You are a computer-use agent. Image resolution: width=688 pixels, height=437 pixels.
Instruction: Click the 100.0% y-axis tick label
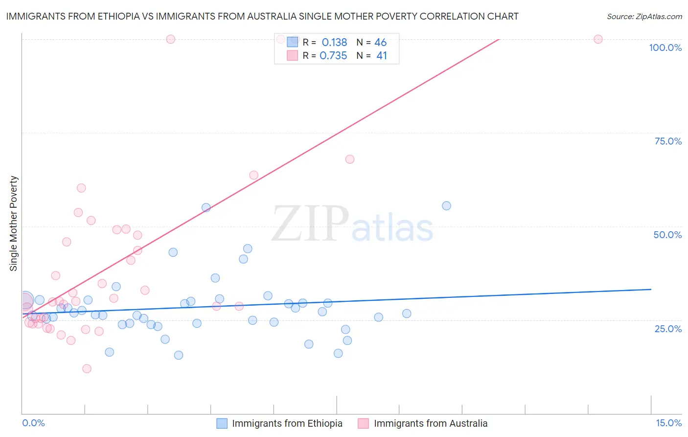coord(665,48)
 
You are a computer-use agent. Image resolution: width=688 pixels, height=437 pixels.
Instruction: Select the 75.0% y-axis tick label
coord(668,141)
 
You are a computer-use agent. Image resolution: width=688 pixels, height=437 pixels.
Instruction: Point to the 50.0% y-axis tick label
coord(667,235)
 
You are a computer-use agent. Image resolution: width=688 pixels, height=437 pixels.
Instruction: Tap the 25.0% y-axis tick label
coord(668,328)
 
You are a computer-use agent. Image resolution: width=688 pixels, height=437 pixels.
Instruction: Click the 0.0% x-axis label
coord(33,423)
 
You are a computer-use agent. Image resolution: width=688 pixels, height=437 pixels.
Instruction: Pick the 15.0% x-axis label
coord(668,423)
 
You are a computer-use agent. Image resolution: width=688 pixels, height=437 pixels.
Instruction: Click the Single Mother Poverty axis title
coord(13,223)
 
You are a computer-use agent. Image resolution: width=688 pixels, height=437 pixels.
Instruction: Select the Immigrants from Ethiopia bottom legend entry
coord(287,423)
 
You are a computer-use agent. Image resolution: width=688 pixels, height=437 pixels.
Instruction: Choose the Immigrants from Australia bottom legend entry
coord(431,423)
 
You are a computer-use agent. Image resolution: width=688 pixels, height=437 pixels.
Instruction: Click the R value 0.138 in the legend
coord(334,43)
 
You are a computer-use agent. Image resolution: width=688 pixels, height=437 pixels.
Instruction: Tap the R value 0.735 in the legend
coord(333,56)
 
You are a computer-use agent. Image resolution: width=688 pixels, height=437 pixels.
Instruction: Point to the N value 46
coord(380,43)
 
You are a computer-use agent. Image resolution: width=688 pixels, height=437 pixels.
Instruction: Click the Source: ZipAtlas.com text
coord(644,17)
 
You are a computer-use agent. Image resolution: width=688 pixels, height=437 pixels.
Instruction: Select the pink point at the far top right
coord(598,39)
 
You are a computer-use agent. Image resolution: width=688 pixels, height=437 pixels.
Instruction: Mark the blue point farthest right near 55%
coord(446,206)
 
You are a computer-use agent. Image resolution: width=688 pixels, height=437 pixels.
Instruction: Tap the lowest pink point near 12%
coord(87,368)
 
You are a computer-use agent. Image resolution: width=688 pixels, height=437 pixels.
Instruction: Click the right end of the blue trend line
coord(651,289)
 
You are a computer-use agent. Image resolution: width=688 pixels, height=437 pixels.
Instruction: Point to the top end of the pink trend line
coord(499,39)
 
